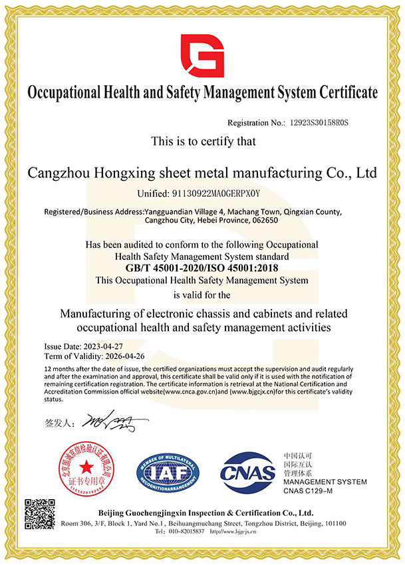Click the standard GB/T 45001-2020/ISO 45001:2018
tap(202, 269)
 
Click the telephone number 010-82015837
tap(186, 532)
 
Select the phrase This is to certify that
tap(202, 142)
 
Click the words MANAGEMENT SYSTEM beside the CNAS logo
tap(325, 482)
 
